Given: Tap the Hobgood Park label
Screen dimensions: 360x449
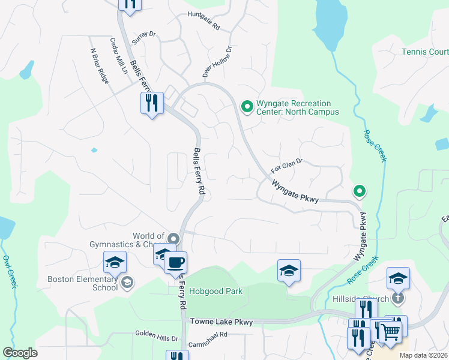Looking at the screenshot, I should point(216,292).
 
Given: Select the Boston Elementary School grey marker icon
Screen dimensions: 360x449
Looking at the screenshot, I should point(127,282).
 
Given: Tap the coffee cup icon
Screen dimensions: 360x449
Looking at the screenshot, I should point(175,262).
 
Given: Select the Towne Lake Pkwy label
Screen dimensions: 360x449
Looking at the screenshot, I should point(221,322).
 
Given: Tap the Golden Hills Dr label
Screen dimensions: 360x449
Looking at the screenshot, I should point(157,338).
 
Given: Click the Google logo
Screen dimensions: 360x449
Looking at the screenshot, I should point(20,353).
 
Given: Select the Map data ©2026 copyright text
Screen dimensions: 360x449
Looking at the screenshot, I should point(424,355).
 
